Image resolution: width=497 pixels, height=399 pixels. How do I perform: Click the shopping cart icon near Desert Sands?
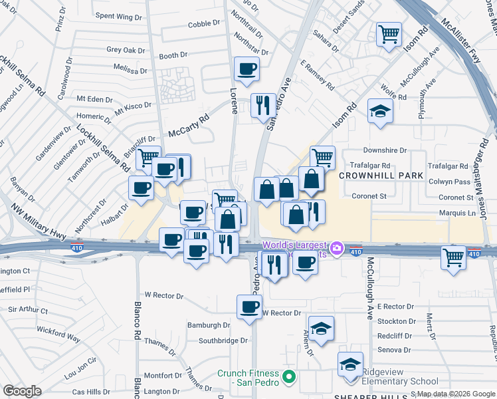click(389, 33)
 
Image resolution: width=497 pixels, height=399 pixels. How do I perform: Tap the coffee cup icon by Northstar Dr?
click(247, 68)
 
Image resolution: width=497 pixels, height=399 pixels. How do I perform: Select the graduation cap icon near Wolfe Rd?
click(379, 110)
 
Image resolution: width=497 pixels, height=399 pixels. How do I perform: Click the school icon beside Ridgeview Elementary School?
click(350, 364)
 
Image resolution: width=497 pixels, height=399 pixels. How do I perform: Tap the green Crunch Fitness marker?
click(288, 378)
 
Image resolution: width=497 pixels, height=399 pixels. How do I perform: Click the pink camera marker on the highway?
click(337, 248)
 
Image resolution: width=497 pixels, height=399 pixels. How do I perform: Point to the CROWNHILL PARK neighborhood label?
click(381, 176)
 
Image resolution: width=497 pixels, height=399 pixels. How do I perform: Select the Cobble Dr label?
click(204, 23)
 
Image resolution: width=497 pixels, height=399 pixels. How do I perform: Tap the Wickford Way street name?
click(59, 334)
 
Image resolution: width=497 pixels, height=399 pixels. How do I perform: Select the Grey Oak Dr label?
click(126, 50)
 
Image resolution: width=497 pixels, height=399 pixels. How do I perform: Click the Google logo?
click(22, 391)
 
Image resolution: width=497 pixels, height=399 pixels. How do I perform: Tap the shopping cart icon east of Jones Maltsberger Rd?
click(453, 256)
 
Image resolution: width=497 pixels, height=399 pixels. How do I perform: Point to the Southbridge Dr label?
click(223, 340)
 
